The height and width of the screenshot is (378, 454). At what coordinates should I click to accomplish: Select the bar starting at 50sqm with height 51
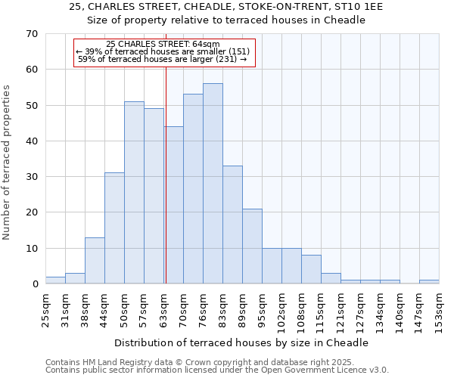point(134,193)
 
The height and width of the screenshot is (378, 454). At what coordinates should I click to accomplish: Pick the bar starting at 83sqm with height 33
point(232,225)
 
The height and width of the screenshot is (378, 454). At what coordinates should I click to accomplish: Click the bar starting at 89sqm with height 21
point(252,246)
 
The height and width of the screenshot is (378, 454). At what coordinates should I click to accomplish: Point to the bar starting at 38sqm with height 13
point(95,261)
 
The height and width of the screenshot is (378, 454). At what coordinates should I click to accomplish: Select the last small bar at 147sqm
point(429,282)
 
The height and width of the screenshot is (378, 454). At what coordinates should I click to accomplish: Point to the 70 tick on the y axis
point(31,34)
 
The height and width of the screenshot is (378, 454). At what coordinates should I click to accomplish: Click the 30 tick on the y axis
point(31,177)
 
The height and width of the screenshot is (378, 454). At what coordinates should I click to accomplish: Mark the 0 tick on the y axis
point(34,284)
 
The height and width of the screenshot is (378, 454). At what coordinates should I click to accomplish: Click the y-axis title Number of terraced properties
point(7,162)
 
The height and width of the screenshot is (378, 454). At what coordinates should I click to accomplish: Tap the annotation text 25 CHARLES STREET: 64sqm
point(163,45)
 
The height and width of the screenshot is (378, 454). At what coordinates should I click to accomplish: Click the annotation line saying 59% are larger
point(163,59)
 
